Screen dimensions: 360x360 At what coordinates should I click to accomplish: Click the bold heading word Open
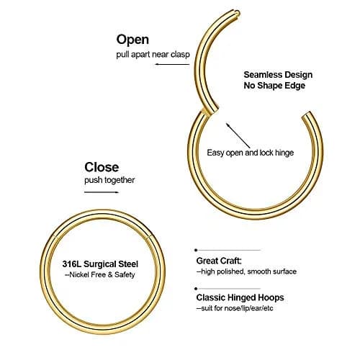(x=132, y=40)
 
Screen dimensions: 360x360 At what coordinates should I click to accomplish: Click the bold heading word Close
(x=102, y=167)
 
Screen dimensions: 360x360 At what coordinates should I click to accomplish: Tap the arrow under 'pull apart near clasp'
(x=172, y=64)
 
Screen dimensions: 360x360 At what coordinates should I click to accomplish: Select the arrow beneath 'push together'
(x=102, y=192)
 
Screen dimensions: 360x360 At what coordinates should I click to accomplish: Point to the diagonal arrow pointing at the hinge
(x=238, y=135)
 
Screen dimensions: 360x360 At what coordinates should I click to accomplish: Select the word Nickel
(x=79, y=274)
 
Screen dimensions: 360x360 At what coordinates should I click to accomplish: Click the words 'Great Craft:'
(x=219, y=261)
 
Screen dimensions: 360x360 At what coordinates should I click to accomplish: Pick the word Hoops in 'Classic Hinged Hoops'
(x=271, y=297)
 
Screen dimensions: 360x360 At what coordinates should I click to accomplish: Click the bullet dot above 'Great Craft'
(x=196, y=250)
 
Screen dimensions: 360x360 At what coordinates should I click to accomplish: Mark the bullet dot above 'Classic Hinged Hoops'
(x=196, y=289)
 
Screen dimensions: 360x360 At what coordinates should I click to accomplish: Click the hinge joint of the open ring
(x=210, y=110)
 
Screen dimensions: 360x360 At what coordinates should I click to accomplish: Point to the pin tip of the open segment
(x=237, y=12)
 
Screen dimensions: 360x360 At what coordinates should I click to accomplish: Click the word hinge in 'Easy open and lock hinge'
(x=284, y=153)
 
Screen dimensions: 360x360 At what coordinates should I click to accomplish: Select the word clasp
(x=180, y=55)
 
